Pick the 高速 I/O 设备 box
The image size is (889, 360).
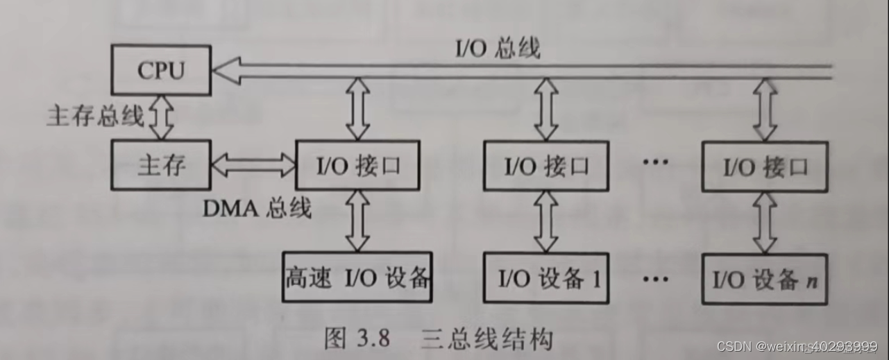point(357,278)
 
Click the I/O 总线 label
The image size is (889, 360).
point(497,49)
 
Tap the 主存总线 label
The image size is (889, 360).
point(95,116)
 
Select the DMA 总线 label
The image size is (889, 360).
point(257,208)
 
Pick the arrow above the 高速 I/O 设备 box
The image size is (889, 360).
point(357,221)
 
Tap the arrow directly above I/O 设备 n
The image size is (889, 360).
point(765,223)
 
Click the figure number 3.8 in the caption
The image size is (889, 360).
point(373,339)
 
